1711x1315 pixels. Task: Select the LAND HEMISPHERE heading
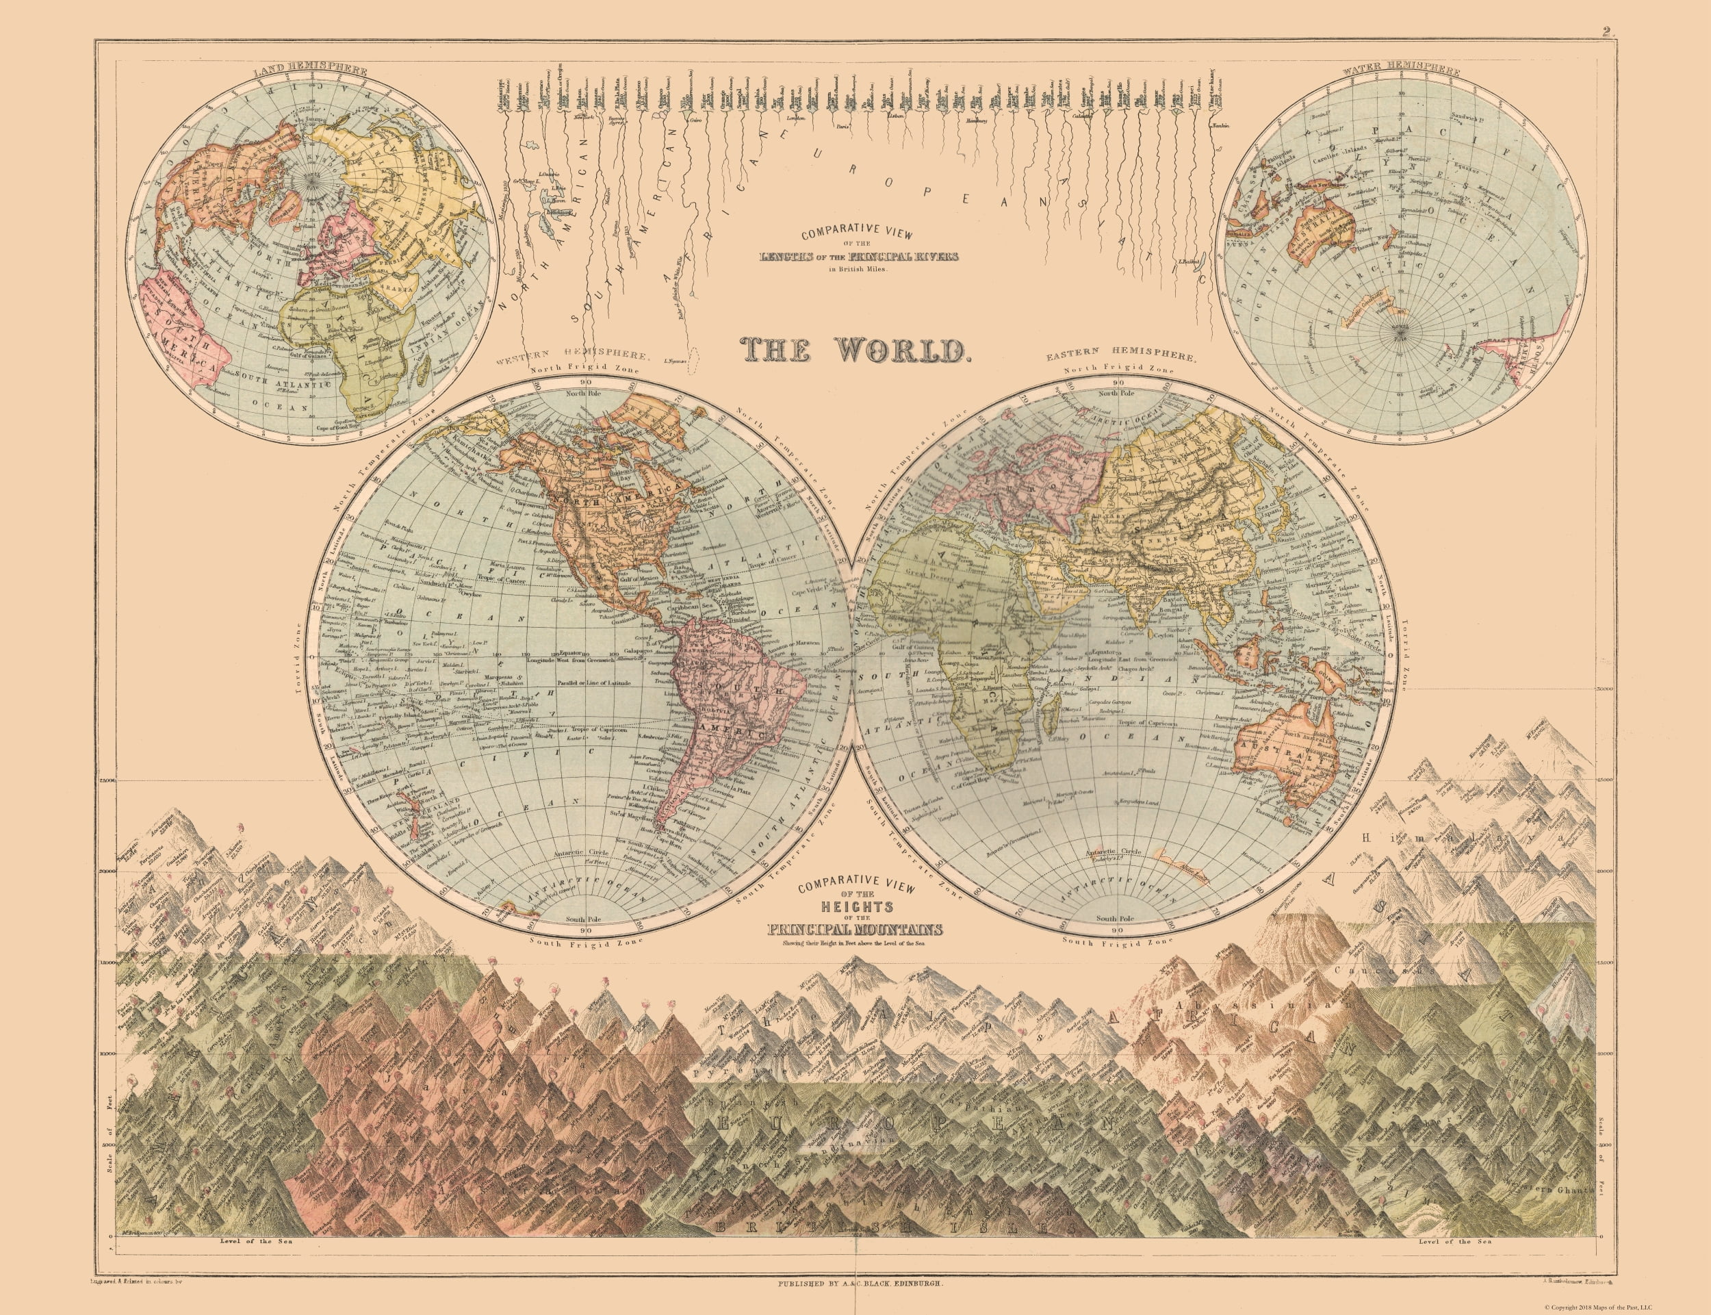(311, 71)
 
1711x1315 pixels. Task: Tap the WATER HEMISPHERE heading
(1400, 71)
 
